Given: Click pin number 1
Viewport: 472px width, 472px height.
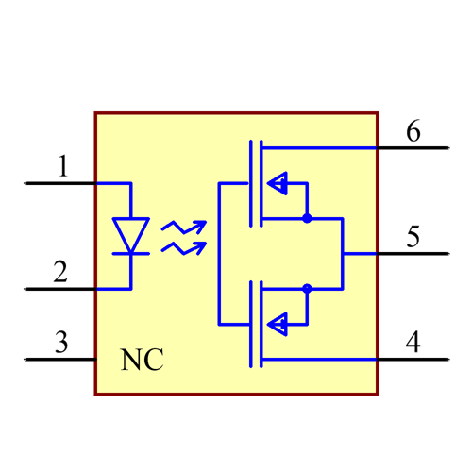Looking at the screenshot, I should click(x=63, y=168).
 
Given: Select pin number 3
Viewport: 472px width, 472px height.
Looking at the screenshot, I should click(x=61, y=343).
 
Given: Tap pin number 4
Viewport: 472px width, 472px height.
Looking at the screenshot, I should click(x=413, y=342).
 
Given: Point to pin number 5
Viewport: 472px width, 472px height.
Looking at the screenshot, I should click(x=413, y=237).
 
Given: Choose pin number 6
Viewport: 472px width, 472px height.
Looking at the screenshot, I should click(x=413, y=131).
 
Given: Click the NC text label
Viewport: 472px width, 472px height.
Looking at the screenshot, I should click(x=142, y=360).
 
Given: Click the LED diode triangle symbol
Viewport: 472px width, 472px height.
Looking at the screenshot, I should click(x=130, y=235).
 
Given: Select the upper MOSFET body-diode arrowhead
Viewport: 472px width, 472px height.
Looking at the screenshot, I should click(x=278, y=183).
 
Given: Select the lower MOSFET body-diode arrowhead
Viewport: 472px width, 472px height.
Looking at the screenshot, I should click(x=278, y=325).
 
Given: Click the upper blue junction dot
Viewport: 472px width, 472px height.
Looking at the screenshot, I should click(x=307, y=218).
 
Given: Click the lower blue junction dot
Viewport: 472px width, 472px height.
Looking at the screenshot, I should click(x=307, y=288).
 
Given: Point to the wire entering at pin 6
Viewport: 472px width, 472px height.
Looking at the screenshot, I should click(x=321, y=148).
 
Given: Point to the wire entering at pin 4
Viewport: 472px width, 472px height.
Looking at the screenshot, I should click(x=321, y=360).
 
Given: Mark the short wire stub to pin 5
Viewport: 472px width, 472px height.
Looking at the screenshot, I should click(x=360, y=253).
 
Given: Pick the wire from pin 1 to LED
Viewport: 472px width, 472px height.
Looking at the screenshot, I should click(x=112, y=183).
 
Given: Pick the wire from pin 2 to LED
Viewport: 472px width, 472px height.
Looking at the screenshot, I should click(x=112, y=288).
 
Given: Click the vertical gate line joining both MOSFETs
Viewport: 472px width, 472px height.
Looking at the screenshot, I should click(x=219, y=253).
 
